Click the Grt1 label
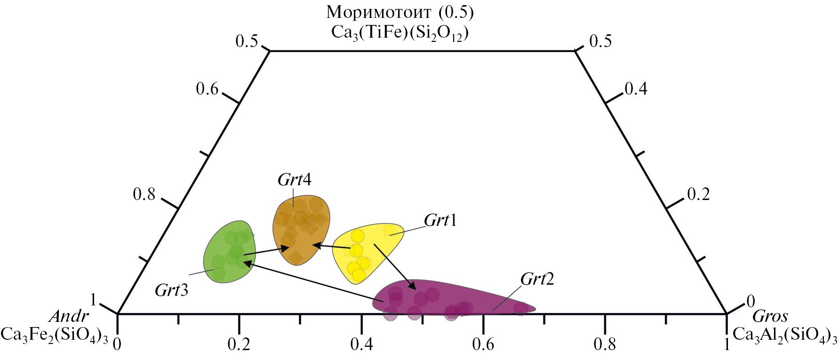point(440,220)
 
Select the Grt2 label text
point(537,279)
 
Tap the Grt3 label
point(171,290)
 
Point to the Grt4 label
point(295,180)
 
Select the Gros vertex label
point(770,316)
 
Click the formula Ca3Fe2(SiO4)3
point(54,335)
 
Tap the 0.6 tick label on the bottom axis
point(483,345)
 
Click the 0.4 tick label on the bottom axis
point(361,345)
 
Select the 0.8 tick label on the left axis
point(144,194)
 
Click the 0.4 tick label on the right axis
point(636,88)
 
